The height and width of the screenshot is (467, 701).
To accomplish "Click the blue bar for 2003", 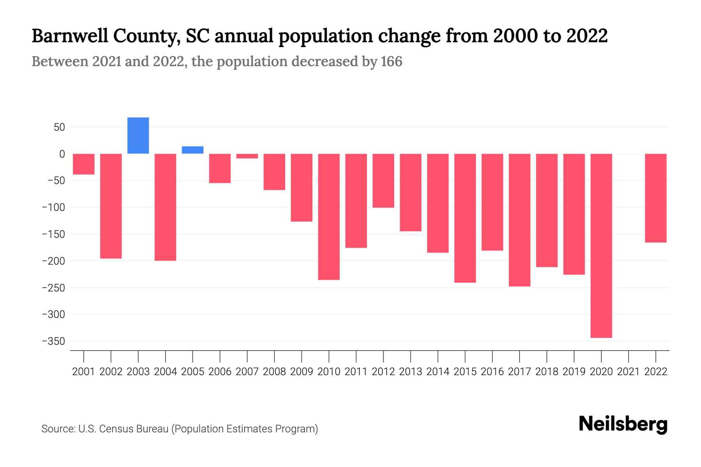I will (x=138, y=135).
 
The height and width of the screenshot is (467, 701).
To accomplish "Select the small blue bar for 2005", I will (x=192, y=150).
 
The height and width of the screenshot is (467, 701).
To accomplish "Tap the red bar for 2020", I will (x=601, y=245).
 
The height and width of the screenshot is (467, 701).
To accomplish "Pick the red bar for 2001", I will (x=84, y=164).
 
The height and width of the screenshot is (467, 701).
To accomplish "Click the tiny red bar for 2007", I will (x=247, y=156).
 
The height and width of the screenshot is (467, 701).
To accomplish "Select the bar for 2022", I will (x=655, y=198).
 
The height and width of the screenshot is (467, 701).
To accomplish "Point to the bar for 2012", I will (x=383, y=181).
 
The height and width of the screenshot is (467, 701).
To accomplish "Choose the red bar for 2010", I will (x=329, y=216).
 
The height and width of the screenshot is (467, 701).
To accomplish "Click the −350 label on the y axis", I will (x=53, y=341).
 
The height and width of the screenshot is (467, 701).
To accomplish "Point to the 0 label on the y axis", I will (x=62, y=154).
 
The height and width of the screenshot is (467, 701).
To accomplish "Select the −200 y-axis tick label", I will (x=53, y=261).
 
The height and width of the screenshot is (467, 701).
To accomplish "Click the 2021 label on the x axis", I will (x=628, y=372).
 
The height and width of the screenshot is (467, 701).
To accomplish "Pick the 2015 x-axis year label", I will (x=465, y=372).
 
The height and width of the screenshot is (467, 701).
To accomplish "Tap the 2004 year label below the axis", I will (x=166, y=372).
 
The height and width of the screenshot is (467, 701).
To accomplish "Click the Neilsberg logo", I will (x=623, y=424).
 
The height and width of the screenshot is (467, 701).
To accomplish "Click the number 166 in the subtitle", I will (x=391, y=61).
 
